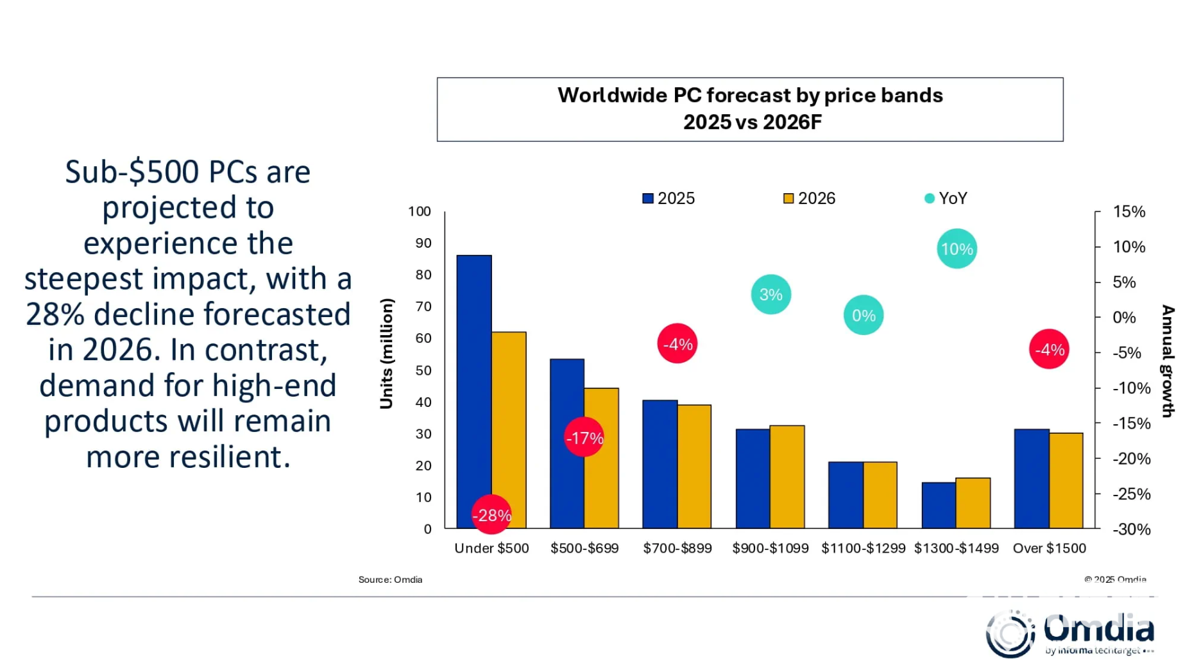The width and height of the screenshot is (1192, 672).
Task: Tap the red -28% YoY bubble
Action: point(491,515)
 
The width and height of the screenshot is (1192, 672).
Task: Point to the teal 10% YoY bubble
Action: point(957,248)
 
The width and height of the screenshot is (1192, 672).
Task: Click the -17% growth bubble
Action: point(584,438)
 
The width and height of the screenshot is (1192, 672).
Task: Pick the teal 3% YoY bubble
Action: point(771,295)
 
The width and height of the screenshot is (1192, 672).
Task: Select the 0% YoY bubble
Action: point(864,315)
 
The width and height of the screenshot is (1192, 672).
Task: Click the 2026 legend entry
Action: point(809,198)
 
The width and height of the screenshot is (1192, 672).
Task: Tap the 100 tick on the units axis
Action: point(420,211)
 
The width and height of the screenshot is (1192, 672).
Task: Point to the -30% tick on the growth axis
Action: point(1132,530)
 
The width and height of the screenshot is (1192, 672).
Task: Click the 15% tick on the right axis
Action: point(1129,211)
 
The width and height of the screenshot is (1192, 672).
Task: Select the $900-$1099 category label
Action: point(771,548)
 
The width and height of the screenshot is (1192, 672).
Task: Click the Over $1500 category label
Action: point(1049,548)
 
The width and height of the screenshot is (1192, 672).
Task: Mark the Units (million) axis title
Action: point(386,353)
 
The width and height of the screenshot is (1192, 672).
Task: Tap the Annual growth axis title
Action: point(1168,361)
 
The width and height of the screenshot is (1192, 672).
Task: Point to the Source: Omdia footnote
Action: point(390,580)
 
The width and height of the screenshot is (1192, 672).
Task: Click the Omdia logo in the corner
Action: point(1070,633)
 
